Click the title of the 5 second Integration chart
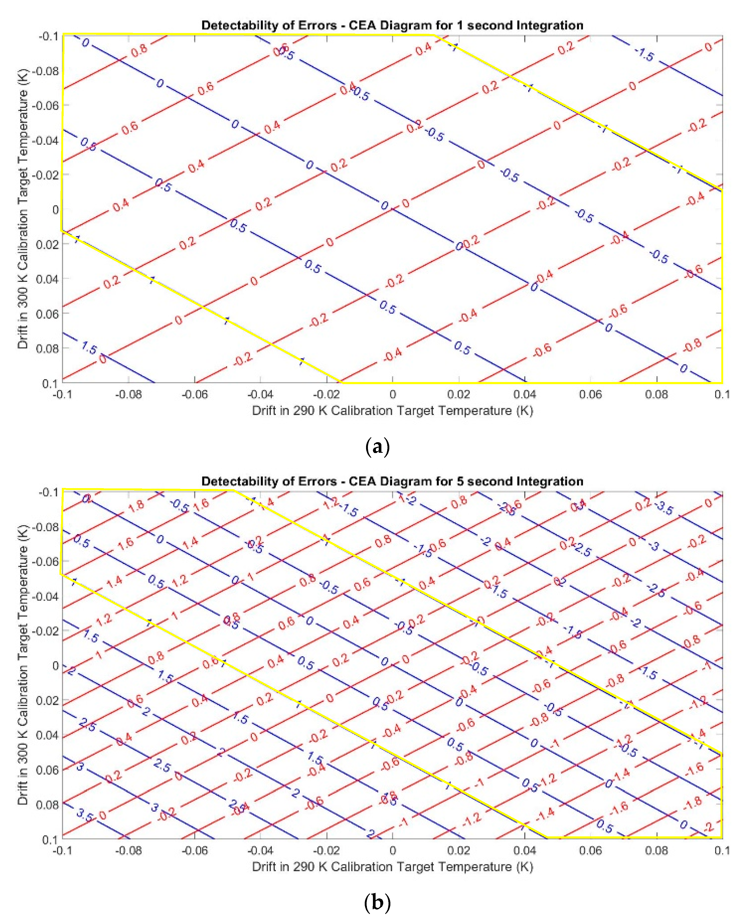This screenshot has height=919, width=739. point(392,481)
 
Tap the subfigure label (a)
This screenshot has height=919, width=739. point(377,447)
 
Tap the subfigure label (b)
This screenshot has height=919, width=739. point(377,903)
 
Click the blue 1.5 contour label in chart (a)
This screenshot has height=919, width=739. point(89,348)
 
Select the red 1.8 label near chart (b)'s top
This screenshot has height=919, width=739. point(137,506)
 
